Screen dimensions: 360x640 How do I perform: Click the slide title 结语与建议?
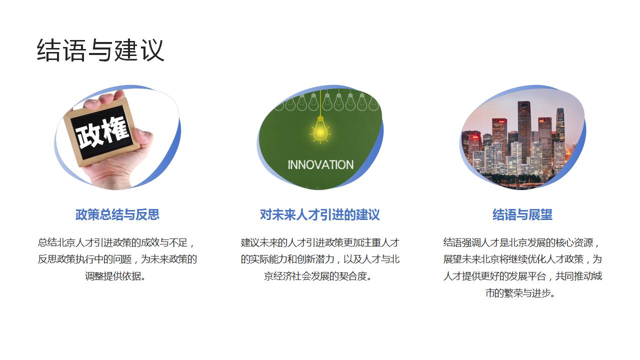[100, 50]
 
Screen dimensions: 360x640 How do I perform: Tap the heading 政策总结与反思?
[117, 214]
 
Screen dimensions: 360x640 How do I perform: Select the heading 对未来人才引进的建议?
[320, 214]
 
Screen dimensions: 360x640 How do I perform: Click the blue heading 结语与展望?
[522, 214]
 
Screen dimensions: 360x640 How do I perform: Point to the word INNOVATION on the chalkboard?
[320, 164]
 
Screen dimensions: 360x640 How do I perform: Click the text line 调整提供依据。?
[117, 276]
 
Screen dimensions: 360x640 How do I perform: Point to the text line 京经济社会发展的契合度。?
[320, 276]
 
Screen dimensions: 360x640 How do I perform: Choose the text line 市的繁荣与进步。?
[522, 293]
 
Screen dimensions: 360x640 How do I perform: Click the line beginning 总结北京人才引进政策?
[117, 242]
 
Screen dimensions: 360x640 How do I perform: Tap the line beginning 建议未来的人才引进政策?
[320, 242]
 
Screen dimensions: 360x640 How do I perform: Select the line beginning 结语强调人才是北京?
[522, 242]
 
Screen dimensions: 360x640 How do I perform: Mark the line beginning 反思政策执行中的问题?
[117, 259]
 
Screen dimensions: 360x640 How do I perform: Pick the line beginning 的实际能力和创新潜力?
[320, 259]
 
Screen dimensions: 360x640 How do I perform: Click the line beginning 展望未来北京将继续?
[522, 259]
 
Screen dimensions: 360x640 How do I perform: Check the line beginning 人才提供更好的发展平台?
[522, 276]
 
